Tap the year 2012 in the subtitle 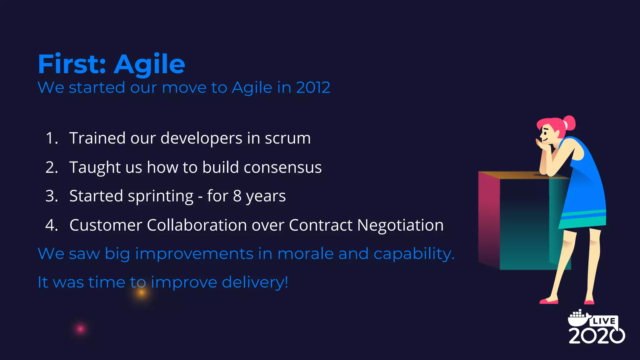pyautogui.click(x=313, y=87)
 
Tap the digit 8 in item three pyautogui.click(x=237, y=196)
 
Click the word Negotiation pyautogui.click(x=400, y=225)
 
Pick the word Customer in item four pyautogui.click(x=106, y=225)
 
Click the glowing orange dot pyautogui.click(x=142, y=292)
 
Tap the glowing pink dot pyautogui.click(x=80, y=329)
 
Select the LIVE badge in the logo pyautogui.click(x=604, y=321)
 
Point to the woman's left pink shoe pyautogui.click(x=549, y=301)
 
